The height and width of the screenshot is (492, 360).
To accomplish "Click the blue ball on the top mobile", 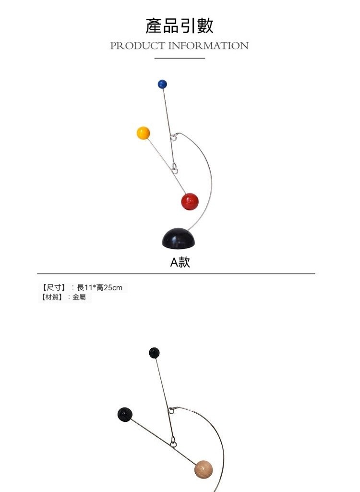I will click(x=162, y=84).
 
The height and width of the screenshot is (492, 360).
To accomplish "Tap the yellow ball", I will click(x=143, y=133).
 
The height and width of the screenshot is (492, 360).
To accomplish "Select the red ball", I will click(x=190, y=201).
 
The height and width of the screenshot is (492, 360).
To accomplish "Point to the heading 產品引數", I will click(x=180, y=25).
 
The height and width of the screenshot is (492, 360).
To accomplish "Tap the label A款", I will click(x=180, y=262).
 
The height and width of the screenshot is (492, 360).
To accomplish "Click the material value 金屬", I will click(x=79, y=298).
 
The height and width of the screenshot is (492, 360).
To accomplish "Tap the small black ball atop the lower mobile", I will click(x=154, y=353).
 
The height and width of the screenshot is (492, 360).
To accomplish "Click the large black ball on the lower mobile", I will click(x=125, y=414).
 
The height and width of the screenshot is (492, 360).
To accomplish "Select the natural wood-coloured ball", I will click(x=204, y=469).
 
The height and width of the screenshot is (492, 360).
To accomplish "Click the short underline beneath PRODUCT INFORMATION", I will click(x=180, y=58).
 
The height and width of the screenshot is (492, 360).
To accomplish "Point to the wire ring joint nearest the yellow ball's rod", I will click(x=175, y=169).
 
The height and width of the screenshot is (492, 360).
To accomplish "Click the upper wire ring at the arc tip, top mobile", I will click(x=174, y=138).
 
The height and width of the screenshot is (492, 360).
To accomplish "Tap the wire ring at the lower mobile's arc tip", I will click(x=171, y=411).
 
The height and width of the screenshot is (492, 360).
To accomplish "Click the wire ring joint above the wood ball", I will click(x=173, y=441).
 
